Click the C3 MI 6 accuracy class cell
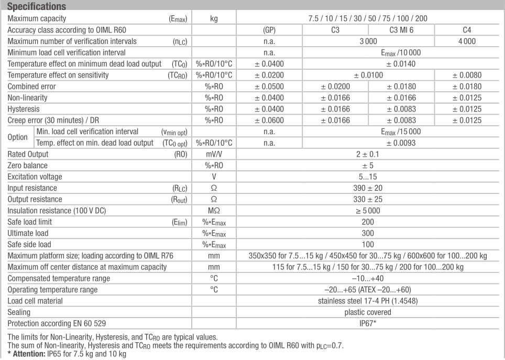402,29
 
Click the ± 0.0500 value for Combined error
269,86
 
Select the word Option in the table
17,137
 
